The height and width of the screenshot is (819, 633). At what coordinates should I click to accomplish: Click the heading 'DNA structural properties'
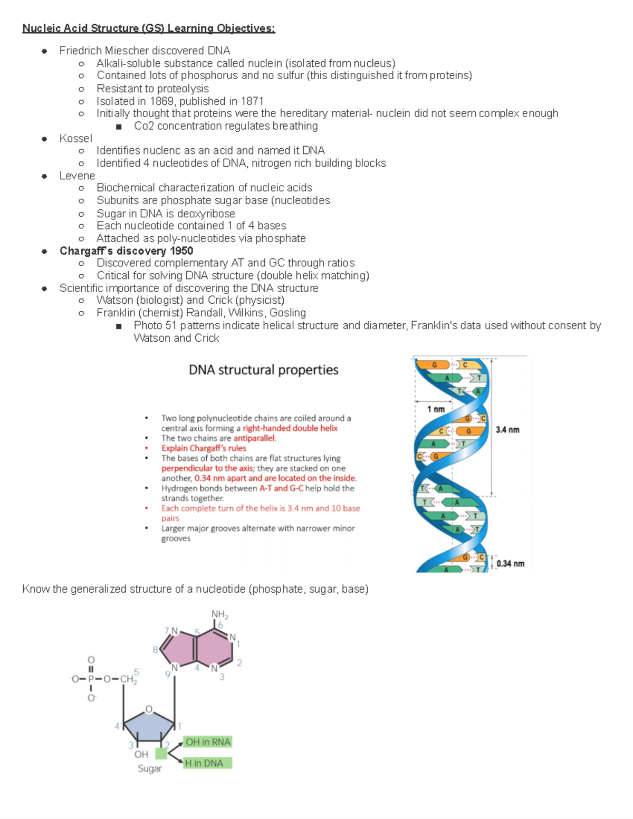(263, 370)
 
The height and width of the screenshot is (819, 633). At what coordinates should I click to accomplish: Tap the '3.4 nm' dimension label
(507, 430)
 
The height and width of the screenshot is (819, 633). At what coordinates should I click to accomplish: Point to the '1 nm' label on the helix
(436, 409)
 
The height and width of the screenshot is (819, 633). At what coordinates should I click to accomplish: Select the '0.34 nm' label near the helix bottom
(510, 564)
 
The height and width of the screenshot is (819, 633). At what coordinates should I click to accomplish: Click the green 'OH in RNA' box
(208, 742)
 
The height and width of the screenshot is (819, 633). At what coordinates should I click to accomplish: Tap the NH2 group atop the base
(219, 614)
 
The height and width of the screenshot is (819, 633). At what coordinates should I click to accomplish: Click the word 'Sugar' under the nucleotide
(150, 768)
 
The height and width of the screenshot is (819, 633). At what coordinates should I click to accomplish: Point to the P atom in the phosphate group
(91, 679)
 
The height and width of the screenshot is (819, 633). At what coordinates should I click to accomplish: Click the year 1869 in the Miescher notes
(161, 101)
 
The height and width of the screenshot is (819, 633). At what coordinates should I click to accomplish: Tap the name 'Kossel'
(75, 138)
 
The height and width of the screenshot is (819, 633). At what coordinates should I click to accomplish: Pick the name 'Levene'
(77, 176)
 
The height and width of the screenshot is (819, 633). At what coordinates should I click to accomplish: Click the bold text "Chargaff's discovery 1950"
(126, 251)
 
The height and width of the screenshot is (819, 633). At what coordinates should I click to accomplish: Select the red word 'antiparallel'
(254, 438)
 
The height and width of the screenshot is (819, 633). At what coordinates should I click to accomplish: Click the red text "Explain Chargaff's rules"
(204, 448)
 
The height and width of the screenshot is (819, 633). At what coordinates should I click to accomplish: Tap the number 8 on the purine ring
(155, 650)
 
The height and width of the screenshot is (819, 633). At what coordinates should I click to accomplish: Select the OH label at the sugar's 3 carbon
(141, 755)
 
